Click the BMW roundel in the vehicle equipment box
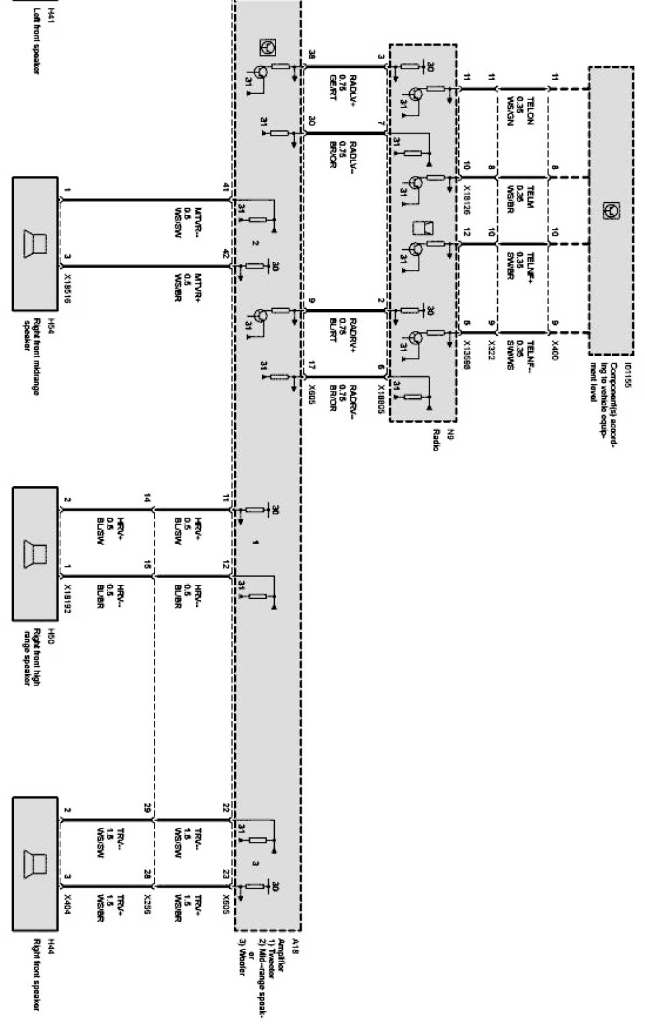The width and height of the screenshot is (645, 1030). [611, 210]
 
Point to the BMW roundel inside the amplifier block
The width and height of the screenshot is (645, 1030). [267, 47]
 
